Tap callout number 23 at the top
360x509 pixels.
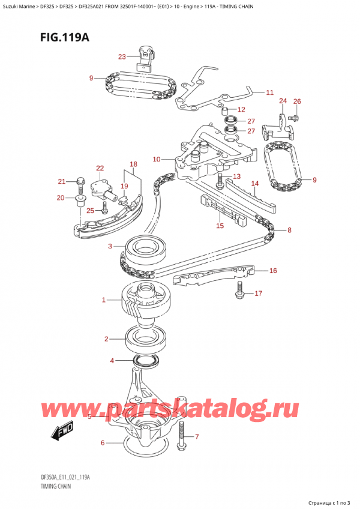point(122,57)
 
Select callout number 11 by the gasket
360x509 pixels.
point(269,92)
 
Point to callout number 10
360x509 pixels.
point(157,159)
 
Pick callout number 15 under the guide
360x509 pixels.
point(220,226)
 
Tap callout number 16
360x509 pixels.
point(273,271)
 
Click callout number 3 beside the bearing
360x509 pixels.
point(110,246)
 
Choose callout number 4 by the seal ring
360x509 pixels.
point(112,361)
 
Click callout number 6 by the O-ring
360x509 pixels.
point(103,443)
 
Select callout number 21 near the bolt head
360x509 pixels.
point(61,181)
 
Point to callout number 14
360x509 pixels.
point(254,184)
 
